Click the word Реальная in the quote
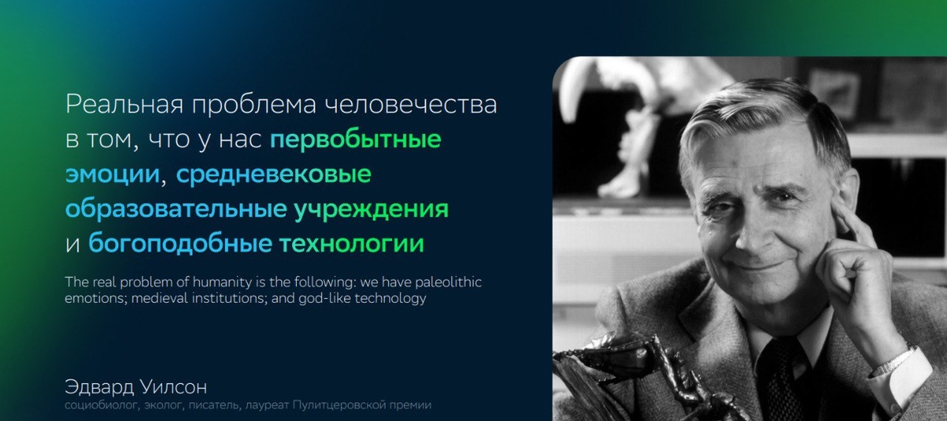pos(125,105)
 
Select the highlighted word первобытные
pos(356,140)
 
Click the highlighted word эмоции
pos(112,174)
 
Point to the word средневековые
pos(274,175)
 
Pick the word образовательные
pos(176,209)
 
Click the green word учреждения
pos(372,210)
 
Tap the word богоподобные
pos(180,244)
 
